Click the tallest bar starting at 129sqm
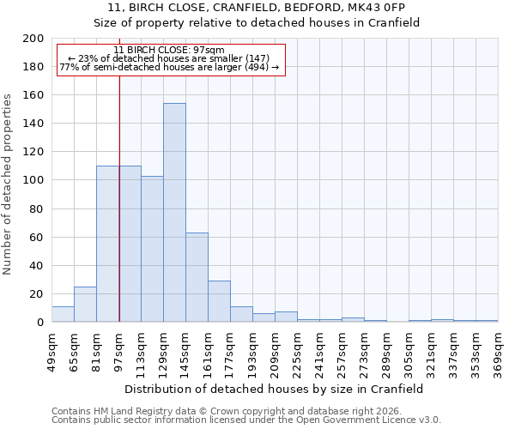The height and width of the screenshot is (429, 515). [174, 213]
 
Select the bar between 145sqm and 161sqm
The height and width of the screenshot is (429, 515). [197, 277]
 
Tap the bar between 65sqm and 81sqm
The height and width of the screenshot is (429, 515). [85, 305]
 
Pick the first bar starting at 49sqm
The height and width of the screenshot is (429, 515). [63, 314]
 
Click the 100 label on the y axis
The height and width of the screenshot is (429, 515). [33, 180]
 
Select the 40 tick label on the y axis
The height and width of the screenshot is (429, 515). [37, 266]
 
